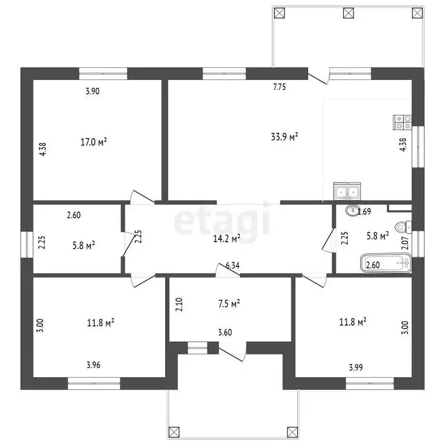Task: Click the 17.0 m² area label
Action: click(94, 141)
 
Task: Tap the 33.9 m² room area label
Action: click(284, 137)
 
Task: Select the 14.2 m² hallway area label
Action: click(227, 238)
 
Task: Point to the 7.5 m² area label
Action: click(229, 304)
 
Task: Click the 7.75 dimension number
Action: click(279, 87)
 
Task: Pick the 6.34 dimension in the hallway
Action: click(232, 265)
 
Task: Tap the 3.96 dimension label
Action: click(93, 364)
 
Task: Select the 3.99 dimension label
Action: click(356, 367)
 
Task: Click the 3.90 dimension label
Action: click(93, 91)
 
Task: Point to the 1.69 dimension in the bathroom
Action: click(364, 211)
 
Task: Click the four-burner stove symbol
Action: click(402, 122)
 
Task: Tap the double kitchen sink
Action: click(347, 192)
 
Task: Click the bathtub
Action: click(386, 264)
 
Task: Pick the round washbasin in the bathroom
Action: click(352, 210)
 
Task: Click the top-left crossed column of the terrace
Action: click(279, 13)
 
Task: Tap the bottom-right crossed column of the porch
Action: click(293, 432)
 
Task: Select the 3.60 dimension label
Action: click(225, 332)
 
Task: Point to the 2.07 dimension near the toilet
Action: click(405, 243)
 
